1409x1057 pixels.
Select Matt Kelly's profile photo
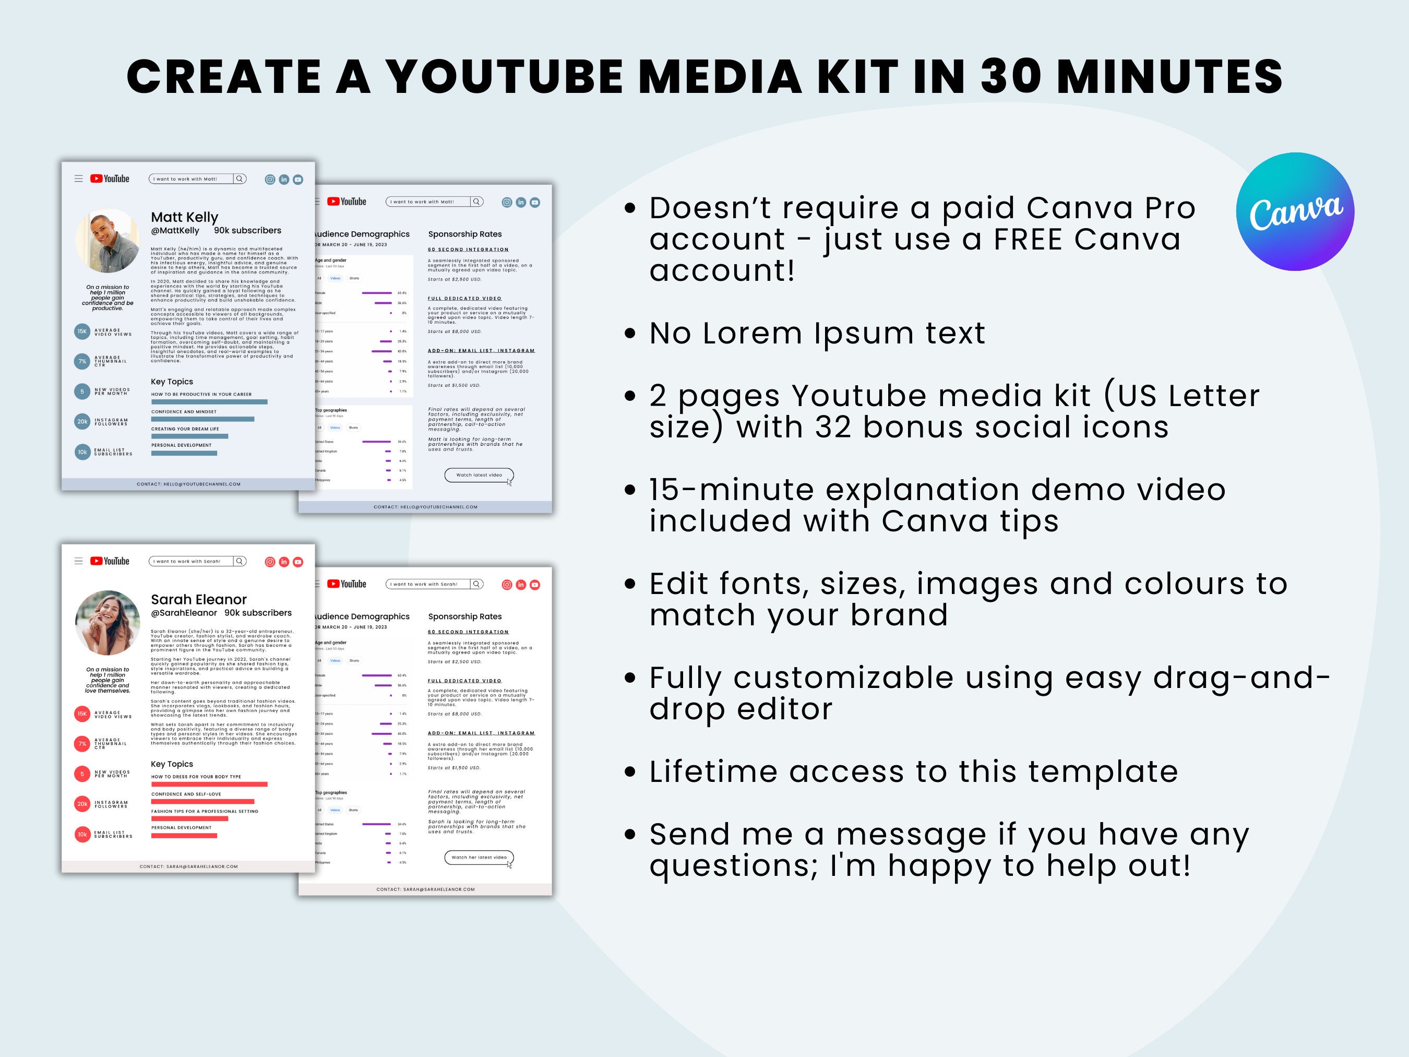coord(107,241)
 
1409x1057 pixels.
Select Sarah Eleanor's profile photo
coord(107,623)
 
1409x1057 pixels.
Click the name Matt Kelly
coord(185,217)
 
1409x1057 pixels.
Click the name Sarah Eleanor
coord(199,600)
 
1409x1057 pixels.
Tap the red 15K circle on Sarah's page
coord(82,714)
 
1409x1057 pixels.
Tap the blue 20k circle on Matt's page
coord(82,422)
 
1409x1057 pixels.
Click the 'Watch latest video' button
coord(479,474)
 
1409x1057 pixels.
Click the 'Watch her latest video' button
coord(479,857)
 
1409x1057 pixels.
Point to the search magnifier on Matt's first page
coord(240,179)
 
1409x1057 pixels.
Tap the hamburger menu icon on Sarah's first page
coord(78,561)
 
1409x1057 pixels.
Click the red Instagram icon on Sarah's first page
coord(270,562)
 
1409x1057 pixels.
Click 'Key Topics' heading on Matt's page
coord(172,382)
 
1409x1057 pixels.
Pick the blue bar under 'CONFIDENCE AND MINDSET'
coord(202,419)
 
